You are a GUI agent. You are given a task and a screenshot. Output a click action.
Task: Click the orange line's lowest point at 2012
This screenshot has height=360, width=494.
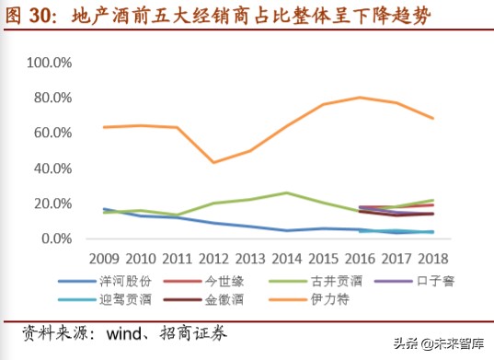pos(213,162)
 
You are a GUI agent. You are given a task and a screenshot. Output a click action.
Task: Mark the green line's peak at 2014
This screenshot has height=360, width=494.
pos(286,193)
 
